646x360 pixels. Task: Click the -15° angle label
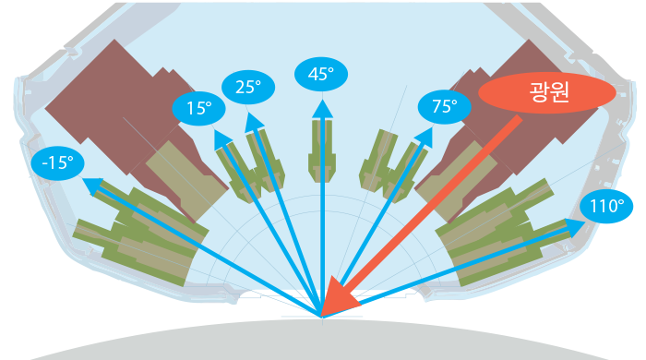(x=57, y=163)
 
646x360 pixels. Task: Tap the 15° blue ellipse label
(x=199, y=108)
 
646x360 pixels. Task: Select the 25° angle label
(x=248, y=88)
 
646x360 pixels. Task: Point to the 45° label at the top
(x=321, y=74)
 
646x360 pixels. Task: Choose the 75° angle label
(x=445, y=107)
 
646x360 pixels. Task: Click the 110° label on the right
(x=606, y=207)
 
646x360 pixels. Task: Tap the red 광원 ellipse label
(x=547, y=92)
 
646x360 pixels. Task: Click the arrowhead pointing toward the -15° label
(x=93, y=185)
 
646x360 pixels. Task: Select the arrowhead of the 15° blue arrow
(x=222, y=139)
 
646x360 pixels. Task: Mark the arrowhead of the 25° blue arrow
(x=253, y=123)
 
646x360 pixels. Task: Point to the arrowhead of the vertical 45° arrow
(x=322, y=110)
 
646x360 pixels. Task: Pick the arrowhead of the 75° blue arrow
(x=425, y=137)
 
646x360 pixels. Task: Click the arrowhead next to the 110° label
(x=575, y=228)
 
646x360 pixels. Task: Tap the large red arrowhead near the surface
(x=339, y=295)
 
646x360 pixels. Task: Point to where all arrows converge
(x=322, y=318)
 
